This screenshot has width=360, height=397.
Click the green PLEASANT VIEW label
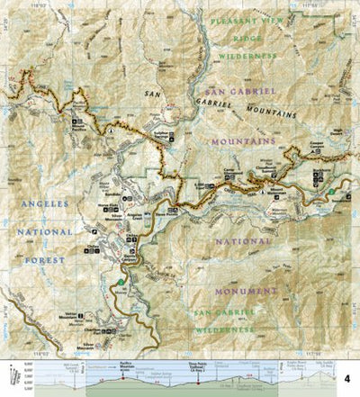pyautogui.click(x=247, y=20)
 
